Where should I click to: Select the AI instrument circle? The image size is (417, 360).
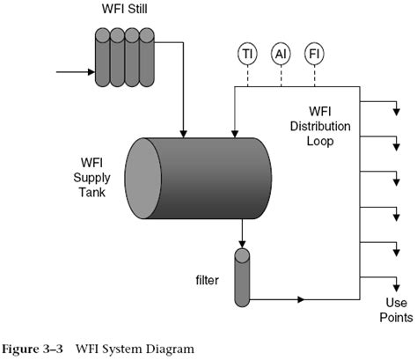coord(280,54)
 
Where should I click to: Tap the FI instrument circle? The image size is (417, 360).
coord(314,54)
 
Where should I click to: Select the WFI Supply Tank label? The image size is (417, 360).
coord(92,178)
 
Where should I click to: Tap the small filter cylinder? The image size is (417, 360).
coord(242,276)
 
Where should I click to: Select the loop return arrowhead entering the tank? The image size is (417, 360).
coord(233,132)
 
